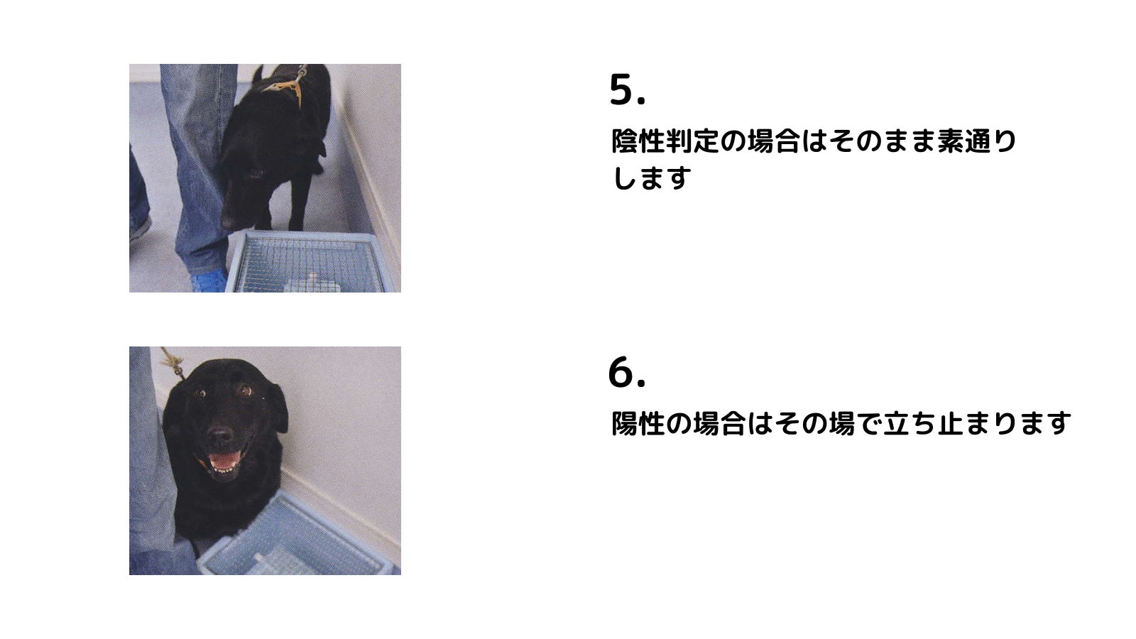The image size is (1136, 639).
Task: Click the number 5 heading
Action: point(628,89)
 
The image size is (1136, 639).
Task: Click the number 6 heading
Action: point(627,372)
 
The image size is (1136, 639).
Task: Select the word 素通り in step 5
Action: point(977,141)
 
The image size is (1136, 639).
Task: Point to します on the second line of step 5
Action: point(651,178)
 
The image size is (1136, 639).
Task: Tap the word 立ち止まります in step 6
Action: point(977,423)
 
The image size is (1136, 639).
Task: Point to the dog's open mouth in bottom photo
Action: point(223,461)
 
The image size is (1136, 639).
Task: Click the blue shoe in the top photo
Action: point(209,280)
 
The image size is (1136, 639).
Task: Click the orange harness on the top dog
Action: point(287,84)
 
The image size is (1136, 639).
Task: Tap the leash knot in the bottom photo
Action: point(173,361)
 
